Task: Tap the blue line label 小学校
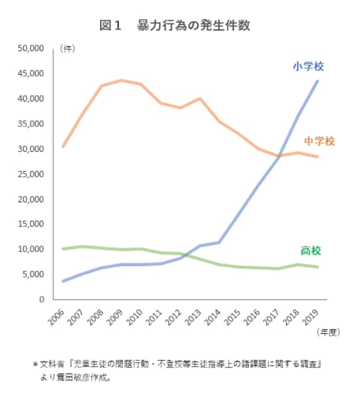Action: (x=308, y=66)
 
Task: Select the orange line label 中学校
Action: (x=319, y=141)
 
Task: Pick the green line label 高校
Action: (x=311, y=251)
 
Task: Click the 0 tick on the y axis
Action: (x=41, y=299)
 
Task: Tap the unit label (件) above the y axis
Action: (x=66, y=48)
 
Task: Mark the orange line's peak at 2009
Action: (x=121, y=81)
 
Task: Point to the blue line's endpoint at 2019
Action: (x=317, y=81)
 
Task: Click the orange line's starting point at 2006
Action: (x=63, y=146)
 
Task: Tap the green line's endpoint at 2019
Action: (x=317, y=267)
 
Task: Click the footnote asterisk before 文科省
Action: (x=35, y=364)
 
